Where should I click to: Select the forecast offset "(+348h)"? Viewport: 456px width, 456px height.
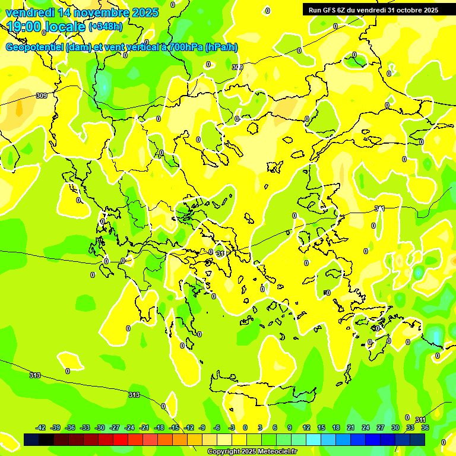(105, 27)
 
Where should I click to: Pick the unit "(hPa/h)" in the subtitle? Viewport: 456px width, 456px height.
(221, 47)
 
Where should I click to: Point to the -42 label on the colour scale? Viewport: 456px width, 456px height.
(40, 427)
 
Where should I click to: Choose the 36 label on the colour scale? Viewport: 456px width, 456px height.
(425, 427)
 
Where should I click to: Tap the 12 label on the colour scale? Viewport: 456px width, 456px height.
(306, 427)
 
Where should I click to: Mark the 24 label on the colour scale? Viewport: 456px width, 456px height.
(366, 427)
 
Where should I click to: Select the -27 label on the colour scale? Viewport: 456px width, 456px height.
(115, 427)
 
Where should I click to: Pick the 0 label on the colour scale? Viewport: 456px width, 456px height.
(245, 427)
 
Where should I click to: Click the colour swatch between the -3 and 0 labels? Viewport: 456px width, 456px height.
(239, 439)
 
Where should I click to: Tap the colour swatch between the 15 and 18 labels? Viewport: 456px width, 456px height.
(328, 439)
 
